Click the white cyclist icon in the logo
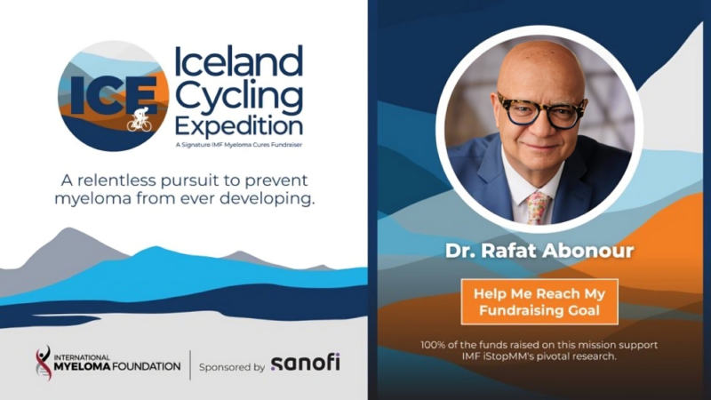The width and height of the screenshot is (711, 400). pos(139,122)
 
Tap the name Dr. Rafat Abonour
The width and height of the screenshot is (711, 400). pos(539,252)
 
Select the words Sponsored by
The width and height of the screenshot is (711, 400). pos(232,366)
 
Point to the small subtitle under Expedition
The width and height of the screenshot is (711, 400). pos(241,144)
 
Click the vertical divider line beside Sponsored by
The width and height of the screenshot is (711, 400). pos(190,364)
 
